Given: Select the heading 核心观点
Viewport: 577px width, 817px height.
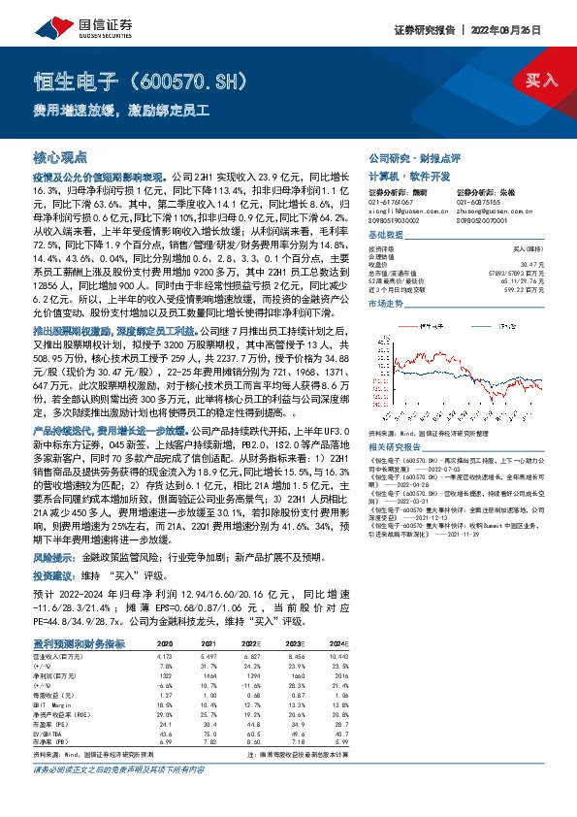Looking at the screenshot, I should pos(60,156).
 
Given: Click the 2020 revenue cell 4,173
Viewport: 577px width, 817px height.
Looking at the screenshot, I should pos(166,629).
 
